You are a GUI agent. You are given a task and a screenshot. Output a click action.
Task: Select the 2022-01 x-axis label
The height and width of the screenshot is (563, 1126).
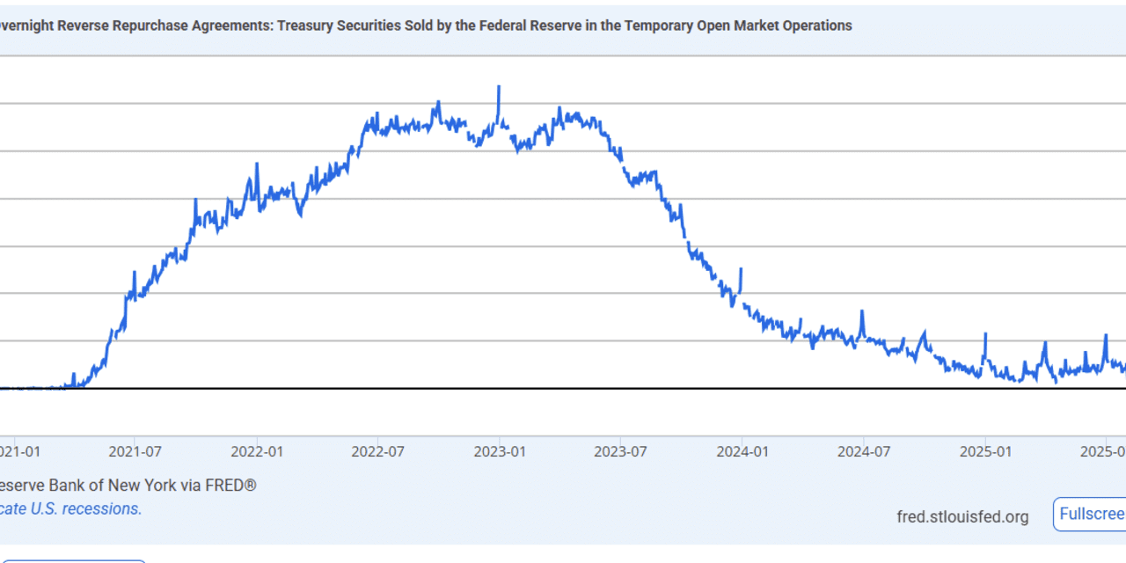pyautogui.click(x=256, y=451)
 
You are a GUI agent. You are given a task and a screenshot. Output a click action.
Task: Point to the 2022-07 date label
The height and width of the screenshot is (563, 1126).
pyautogui.click(x=377, y=451)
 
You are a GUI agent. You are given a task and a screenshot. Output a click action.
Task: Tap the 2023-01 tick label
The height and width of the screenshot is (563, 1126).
pyautogui.click(x=500, y=451)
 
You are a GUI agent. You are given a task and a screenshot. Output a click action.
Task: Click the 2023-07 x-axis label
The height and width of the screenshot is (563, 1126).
pyautogui.click(x=621, y=451)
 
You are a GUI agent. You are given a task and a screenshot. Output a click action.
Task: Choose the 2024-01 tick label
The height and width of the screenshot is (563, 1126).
pyautogui.click(x=742, y=451)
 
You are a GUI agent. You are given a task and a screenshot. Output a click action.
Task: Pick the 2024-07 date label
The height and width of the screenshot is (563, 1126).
pyautogui.click(x=864, y=451)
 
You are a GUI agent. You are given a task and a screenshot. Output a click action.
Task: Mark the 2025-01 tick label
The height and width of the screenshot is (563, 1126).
pyautogui.click(x=986, y=451)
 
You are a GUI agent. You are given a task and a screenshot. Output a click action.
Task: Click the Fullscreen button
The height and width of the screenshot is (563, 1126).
pyautogui.click(x=1091, y=515)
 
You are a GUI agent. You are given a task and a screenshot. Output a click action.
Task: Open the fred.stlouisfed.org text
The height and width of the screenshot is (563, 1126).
pyautogui.click(x=962, y=516)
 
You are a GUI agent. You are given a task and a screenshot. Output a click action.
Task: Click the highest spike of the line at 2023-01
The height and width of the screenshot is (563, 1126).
pyautogui.click(x=499, y=87)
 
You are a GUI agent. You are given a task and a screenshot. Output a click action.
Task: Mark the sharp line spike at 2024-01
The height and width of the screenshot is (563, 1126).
pyautogui.click(x=742, y=269)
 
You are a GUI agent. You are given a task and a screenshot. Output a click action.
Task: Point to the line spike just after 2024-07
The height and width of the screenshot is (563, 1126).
pyautogui.click(x=862, y=311)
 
